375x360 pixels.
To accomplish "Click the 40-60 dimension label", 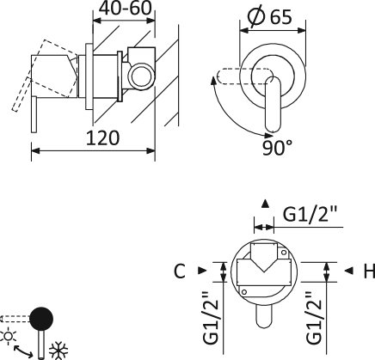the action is point(126,9).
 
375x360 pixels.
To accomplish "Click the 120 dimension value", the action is point(102,138).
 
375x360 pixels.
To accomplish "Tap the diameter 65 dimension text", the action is point(269,16).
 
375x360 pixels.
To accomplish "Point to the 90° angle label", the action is point(278,148).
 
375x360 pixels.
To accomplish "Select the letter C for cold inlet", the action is point(180,271).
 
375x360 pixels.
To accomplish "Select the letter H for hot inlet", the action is point(369,271).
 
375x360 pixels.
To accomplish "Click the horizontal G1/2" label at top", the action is point(310,214).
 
